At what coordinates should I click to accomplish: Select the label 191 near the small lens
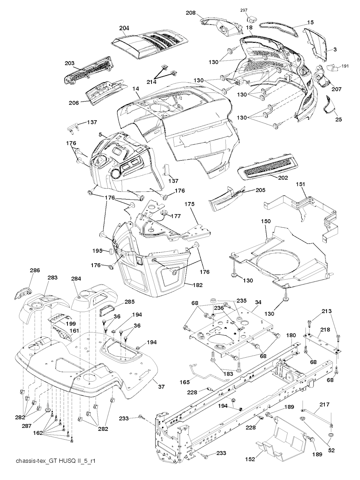point(345,66)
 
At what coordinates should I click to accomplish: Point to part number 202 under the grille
point(283,178)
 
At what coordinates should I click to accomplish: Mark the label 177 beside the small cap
point(176,216)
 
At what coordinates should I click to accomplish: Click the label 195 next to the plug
point(97,251)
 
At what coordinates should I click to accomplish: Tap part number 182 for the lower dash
point(198,285)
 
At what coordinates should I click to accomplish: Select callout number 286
point(25,270)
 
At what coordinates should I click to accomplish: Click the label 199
point(72,323)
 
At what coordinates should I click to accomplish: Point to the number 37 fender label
point(161,387)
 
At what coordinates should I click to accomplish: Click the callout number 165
point(185,382)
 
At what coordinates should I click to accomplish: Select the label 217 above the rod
point(324,404)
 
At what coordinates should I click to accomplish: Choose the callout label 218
point(325,330)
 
